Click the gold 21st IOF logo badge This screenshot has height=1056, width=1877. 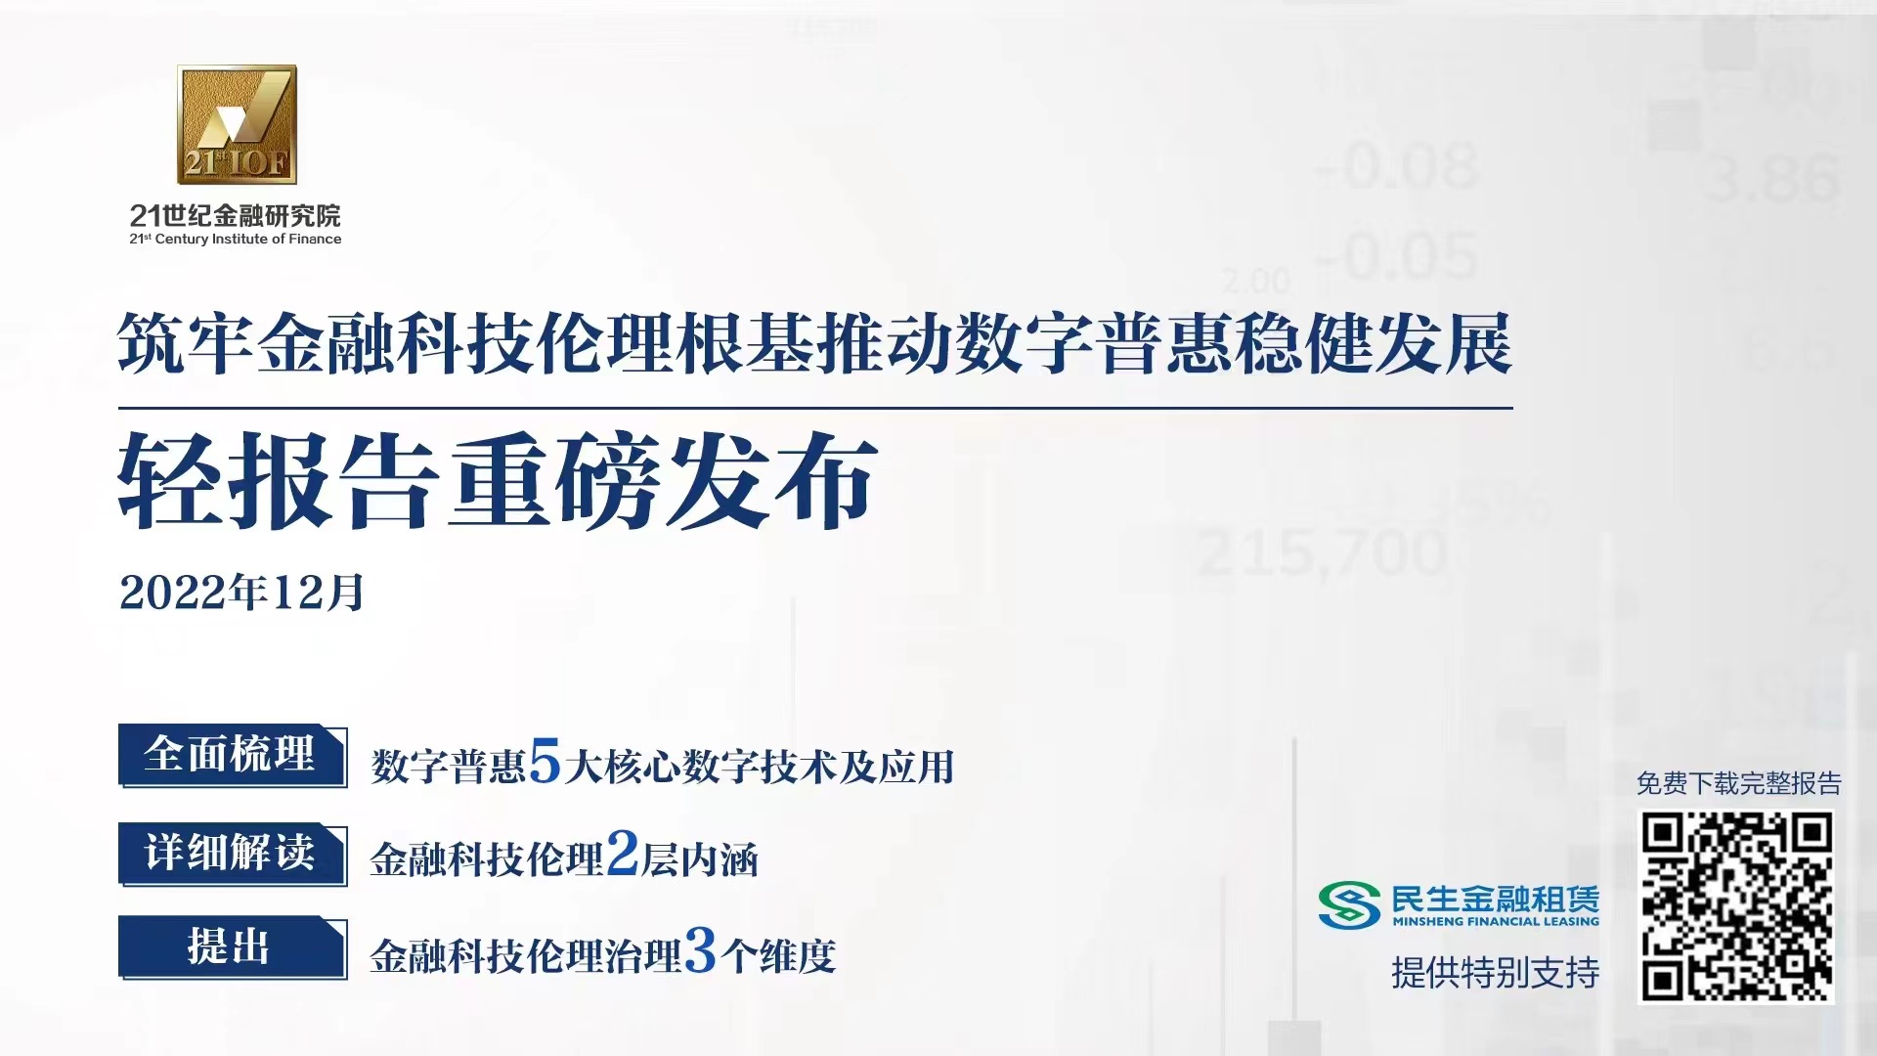237,124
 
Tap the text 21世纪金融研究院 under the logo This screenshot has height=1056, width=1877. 235,215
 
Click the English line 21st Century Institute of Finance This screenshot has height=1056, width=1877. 235,239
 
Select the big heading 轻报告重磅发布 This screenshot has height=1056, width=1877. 498,482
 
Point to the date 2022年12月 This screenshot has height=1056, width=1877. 241,592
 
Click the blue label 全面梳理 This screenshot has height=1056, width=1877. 232,755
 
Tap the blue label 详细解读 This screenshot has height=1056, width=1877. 232,853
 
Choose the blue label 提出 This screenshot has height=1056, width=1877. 232,946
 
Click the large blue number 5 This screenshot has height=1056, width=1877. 545,761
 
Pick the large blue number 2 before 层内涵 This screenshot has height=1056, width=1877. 623,853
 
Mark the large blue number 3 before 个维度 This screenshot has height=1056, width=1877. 701,949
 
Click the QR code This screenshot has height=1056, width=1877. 1736,906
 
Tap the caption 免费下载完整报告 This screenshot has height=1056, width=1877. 1738,783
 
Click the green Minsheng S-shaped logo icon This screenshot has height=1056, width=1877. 1349,904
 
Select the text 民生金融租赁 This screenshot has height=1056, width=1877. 1496,899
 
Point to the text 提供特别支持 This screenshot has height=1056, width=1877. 1496,972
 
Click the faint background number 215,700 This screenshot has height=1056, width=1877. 1322,552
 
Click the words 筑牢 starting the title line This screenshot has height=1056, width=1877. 187,344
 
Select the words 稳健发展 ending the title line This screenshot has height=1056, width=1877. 1373,344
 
